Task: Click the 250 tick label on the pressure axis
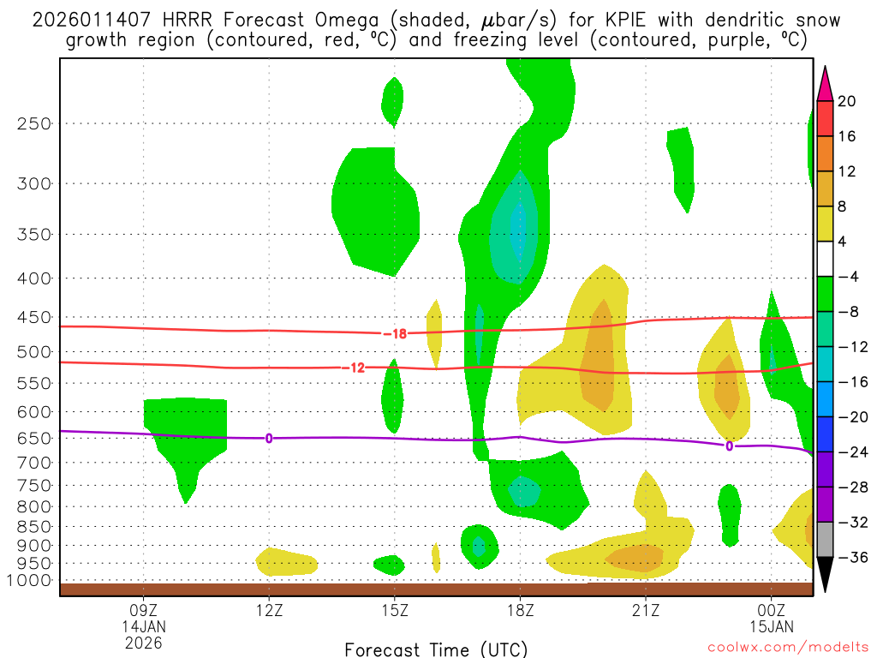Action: point(34,123)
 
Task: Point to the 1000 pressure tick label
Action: point(31,580)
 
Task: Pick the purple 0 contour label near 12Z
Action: point(269,438)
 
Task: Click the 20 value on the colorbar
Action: point(847,101)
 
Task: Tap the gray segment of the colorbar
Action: point(825,540)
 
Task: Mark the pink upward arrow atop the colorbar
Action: point(825,83)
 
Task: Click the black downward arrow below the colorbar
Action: point(825,575)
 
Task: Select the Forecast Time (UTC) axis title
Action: point(436,649)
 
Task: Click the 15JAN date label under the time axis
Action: point(772,626)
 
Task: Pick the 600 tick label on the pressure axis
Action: point(34,411)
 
